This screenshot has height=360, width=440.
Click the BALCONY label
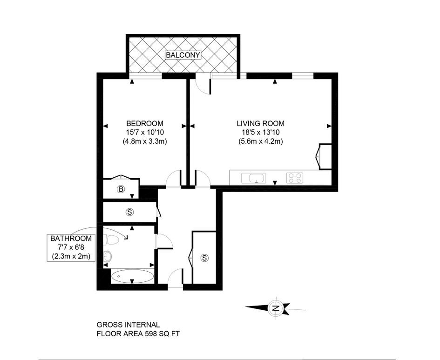pos(183,55)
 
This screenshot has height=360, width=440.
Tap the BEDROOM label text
pos(145,123)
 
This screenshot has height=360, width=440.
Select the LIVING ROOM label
pos(260,123)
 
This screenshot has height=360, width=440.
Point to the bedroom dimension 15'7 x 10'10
pos(145,132)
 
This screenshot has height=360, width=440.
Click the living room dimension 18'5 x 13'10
pos(260,132)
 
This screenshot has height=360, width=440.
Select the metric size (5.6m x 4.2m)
pos(260,141)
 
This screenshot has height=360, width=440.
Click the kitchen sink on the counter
pos(254,178)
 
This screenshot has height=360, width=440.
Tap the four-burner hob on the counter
pos(294,177)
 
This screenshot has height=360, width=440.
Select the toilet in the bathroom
pos(111,240)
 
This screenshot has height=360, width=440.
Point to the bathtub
pos(132,276)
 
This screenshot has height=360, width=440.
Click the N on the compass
pos(276,307)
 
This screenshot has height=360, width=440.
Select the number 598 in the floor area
pos(147,333)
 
